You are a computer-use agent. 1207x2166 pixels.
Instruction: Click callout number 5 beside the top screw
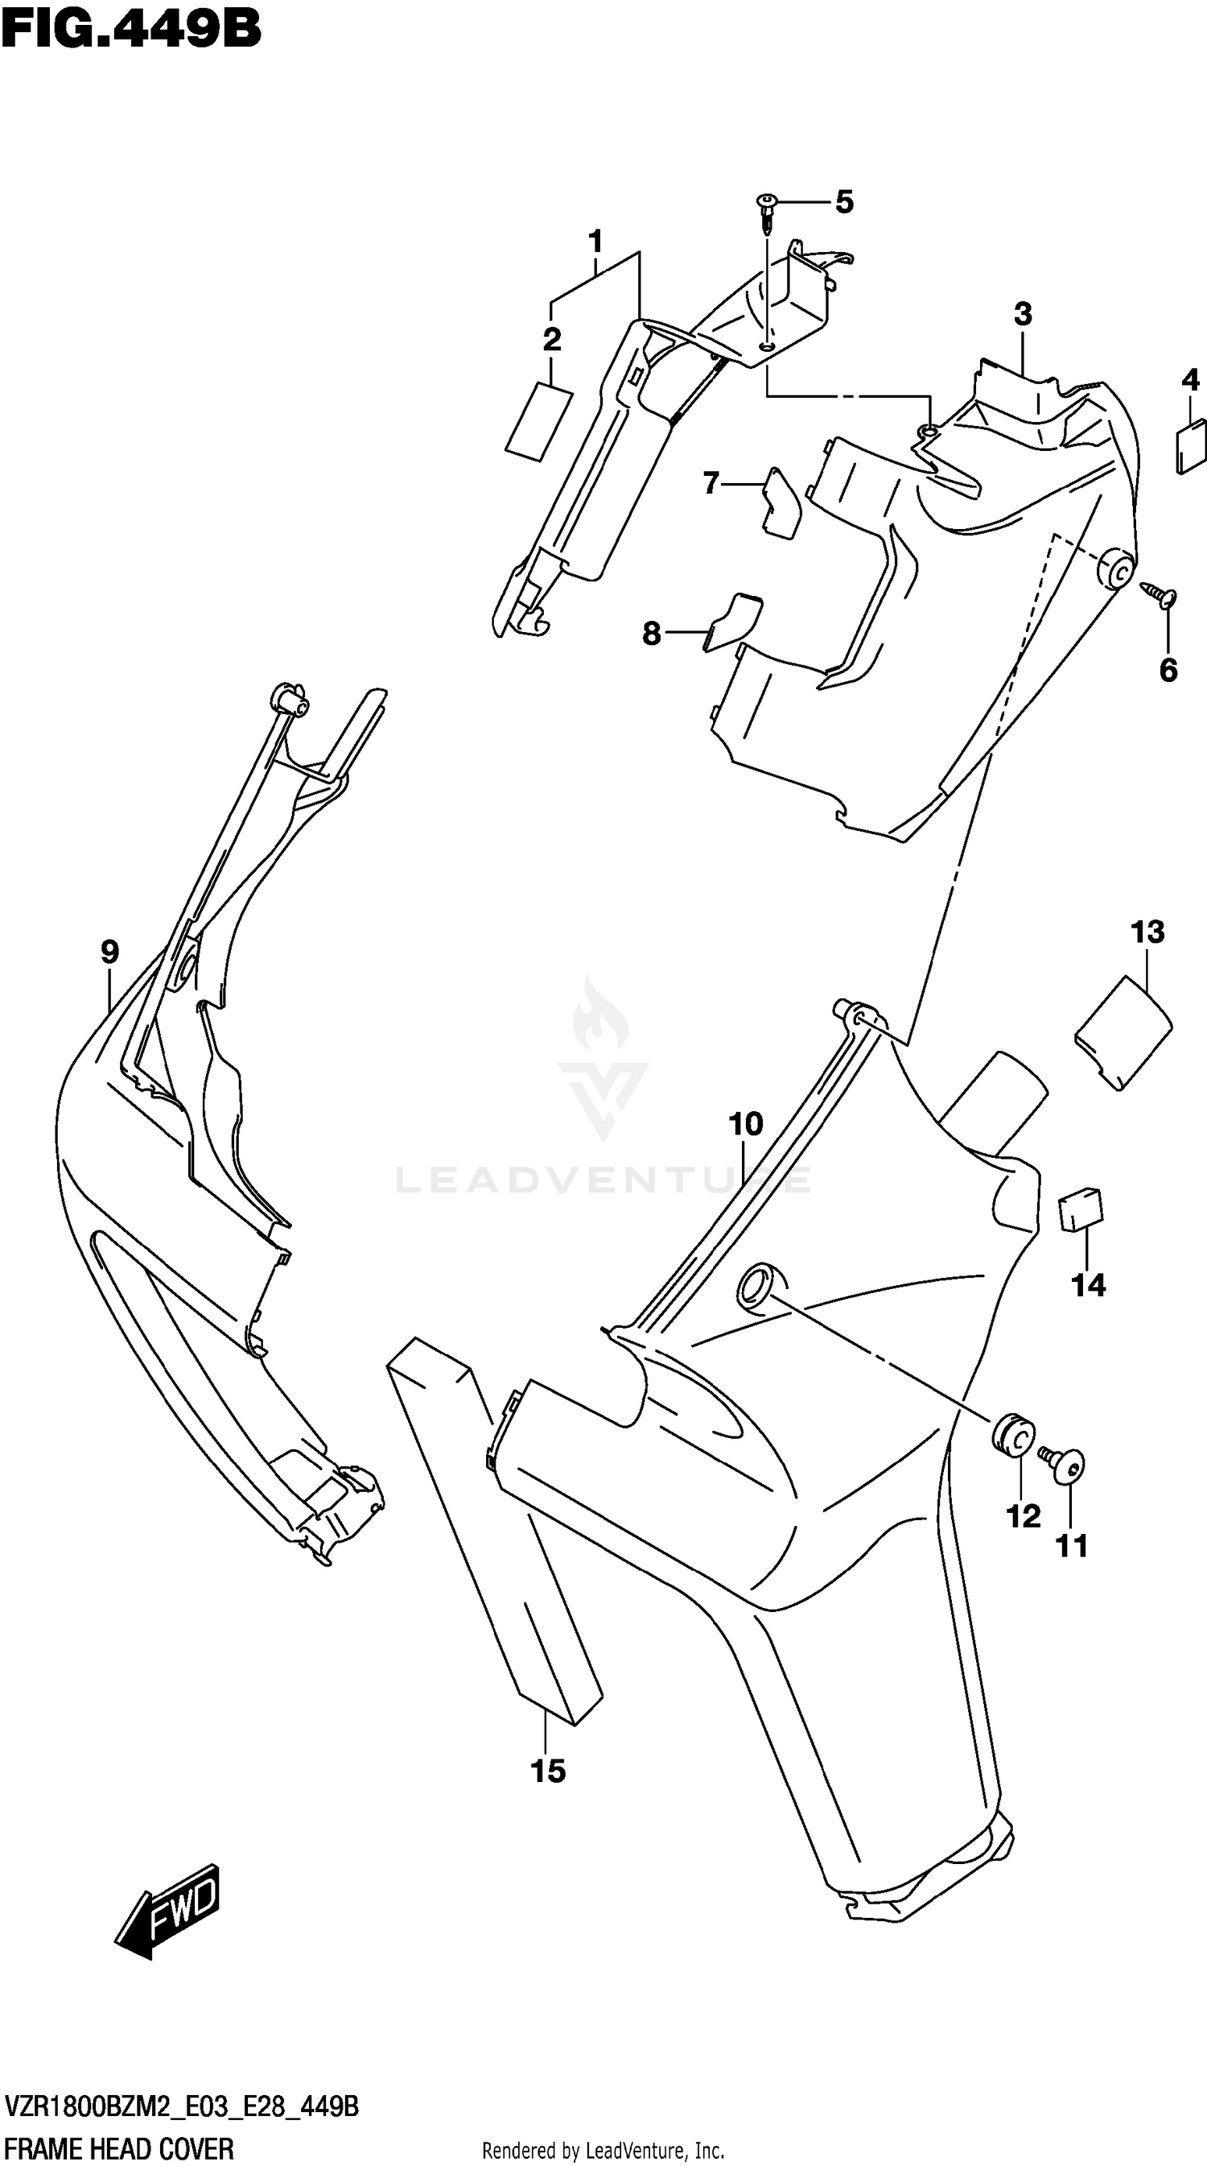[x=844, y=202]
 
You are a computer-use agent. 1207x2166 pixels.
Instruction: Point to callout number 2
[x=551, y=340]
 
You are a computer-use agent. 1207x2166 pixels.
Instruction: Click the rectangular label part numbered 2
[x=539, y=422]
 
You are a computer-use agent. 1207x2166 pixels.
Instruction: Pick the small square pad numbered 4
[x=1190, y=448]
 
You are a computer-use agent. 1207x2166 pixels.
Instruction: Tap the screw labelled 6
[x=1160, y=596]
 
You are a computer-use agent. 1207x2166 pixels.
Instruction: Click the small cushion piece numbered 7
[x=781, y=502]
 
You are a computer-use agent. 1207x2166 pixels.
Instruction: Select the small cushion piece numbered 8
[x=732, y=621]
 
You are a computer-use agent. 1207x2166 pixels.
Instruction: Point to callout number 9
[x=109, y=952]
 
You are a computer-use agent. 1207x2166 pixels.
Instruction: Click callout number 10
[x=746, y=1124]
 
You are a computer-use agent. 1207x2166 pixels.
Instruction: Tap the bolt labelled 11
[x=1063, y=1465]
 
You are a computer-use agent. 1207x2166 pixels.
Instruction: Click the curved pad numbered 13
[x=1125, y=1032]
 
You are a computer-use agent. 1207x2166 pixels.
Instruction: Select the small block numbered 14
[x=1081, y=1211]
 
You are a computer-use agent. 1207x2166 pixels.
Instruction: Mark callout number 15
[x=548, y=1771]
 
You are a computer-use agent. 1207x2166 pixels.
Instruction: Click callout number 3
[x=1022, y=315]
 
